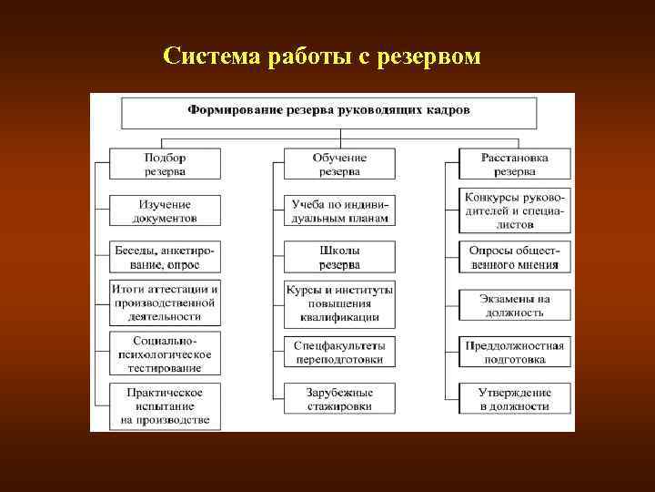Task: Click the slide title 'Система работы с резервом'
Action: pos(321,56)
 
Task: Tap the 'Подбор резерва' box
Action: pos(165,164)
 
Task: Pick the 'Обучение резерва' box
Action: pos(339,164)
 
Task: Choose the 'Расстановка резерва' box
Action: pos(515,164)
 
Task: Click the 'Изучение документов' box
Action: pos(165,211)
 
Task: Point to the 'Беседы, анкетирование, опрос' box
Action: pos(165,257)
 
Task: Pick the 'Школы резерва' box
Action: pos(339,257)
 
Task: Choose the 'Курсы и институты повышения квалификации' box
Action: pos(339,303)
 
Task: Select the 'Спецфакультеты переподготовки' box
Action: pos(339,353)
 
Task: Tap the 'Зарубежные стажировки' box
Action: pos(339,398)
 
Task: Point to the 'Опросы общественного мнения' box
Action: pos(515,257)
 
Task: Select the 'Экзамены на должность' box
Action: pos(515,305)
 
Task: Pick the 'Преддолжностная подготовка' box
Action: pos(515,353)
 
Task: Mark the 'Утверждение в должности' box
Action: pos(515,399)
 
